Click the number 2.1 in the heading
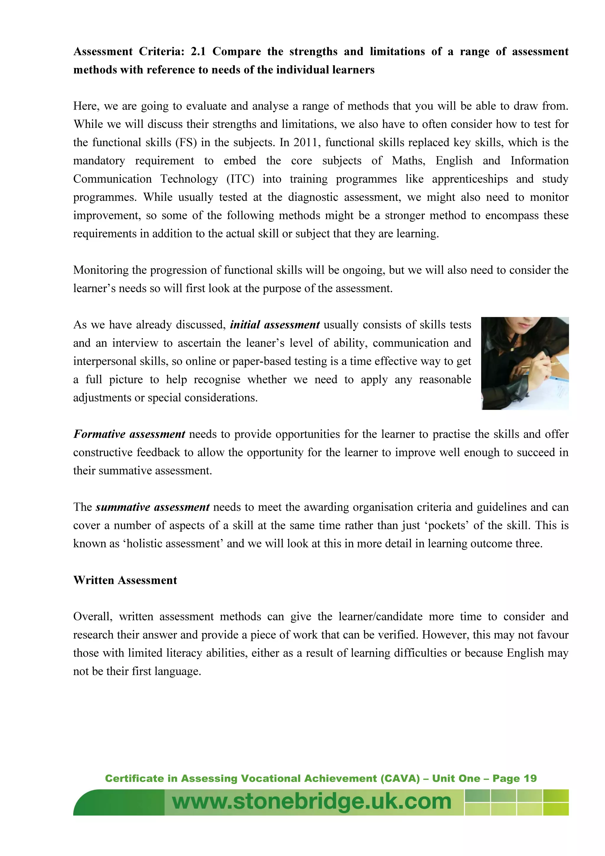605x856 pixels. (x=198, y=51)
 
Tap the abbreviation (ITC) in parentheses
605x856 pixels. (x=240, y=179)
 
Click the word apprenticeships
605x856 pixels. (x=470, y=179)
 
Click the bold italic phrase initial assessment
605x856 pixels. (x=275, y=325)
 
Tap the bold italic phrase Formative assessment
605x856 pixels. (x=129, y=434)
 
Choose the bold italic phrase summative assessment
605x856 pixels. (x=152, y=507)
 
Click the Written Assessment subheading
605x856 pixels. (x=125, y=580)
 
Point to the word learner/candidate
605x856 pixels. (x=380, y=617)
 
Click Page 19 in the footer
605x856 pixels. (x=514, y=778)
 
